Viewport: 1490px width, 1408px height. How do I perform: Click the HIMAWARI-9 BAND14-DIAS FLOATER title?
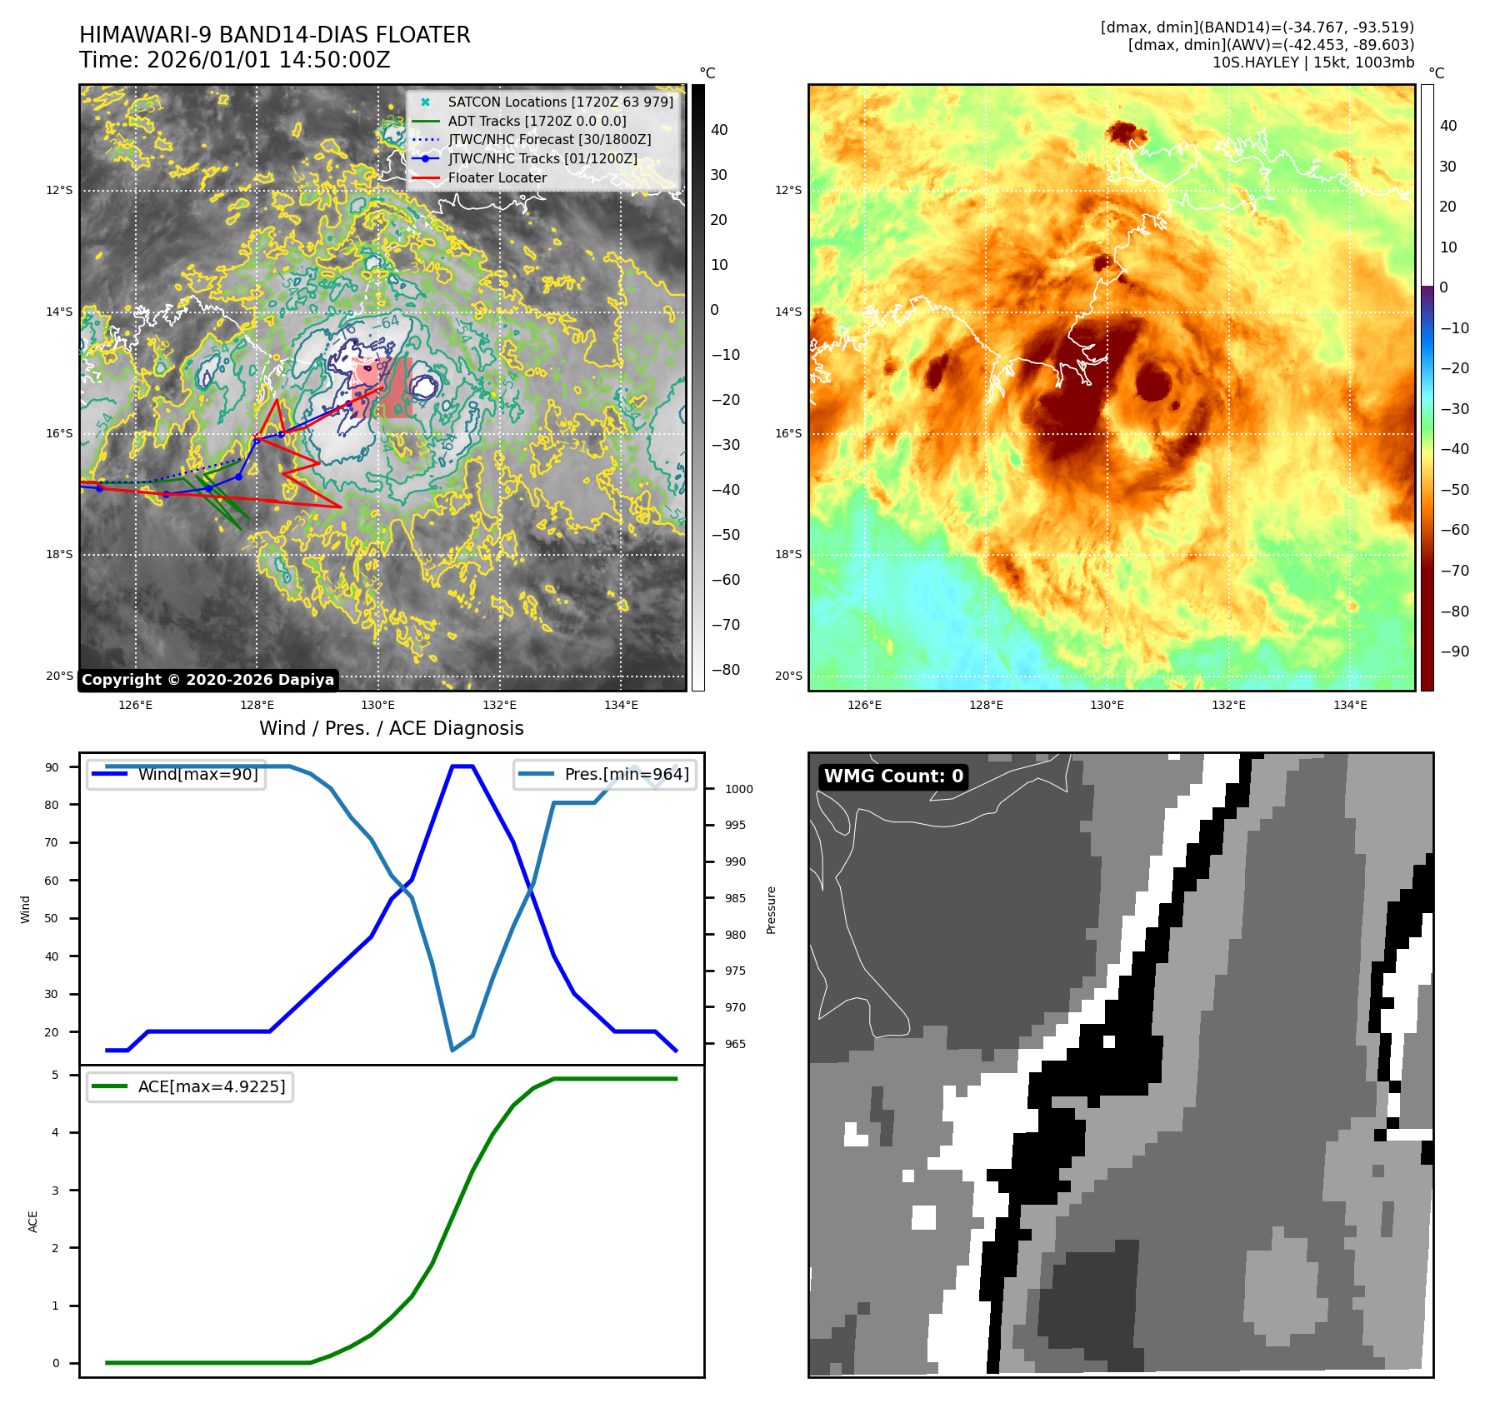(x=274, y=35)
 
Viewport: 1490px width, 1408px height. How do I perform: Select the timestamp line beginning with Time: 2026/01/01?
(x=234, y=60)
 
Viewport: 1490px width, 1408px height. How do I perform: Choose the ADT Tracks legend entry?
(x=537, y=121)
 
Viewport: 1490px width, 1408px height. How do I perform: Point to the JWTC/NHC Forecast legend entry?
(x=549, y=139)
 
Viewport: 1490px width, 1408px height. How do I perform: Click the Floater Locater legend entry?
(x=497, y=177)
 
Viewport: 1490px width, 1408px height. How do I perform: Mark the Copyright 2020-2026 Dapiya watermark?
(x=207, y=680)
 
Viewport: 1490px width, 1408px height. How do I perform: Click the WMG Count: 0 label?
(x=893, y=776)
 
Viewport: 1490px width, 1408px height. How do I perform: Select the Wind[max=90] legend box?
(x=177, y=774)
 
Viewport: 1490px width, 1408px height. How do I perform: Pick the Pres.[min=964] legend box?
(x=605, y=774)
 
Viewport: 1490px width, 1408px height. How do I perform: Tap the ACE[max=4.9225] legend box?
(x=190, y=1086)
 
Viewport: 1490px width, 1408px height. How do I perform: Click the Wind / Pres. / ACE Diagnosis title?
(x=391, y=728)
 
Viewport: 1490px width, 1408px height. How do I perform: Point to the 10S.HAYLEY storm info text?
(x=1312, y=62)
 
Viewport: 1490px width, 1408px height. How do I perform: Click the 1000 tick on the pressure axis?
(x=738, y=789)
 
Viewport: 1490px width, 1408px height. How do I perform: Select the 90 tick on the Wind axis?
(x=52, y=767)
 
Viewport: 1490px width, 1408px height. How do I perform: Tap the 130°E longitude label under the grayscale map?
(x=377, y=706)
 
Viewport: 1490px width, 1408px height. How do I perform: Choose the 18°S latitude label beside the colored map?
(x=787, y=554)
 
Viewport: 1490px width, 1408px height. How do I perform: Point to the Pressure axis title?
(x=771, y=910)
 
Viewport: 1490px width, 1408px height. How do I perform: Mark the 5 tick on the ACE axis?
(x=56, y=1075)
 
